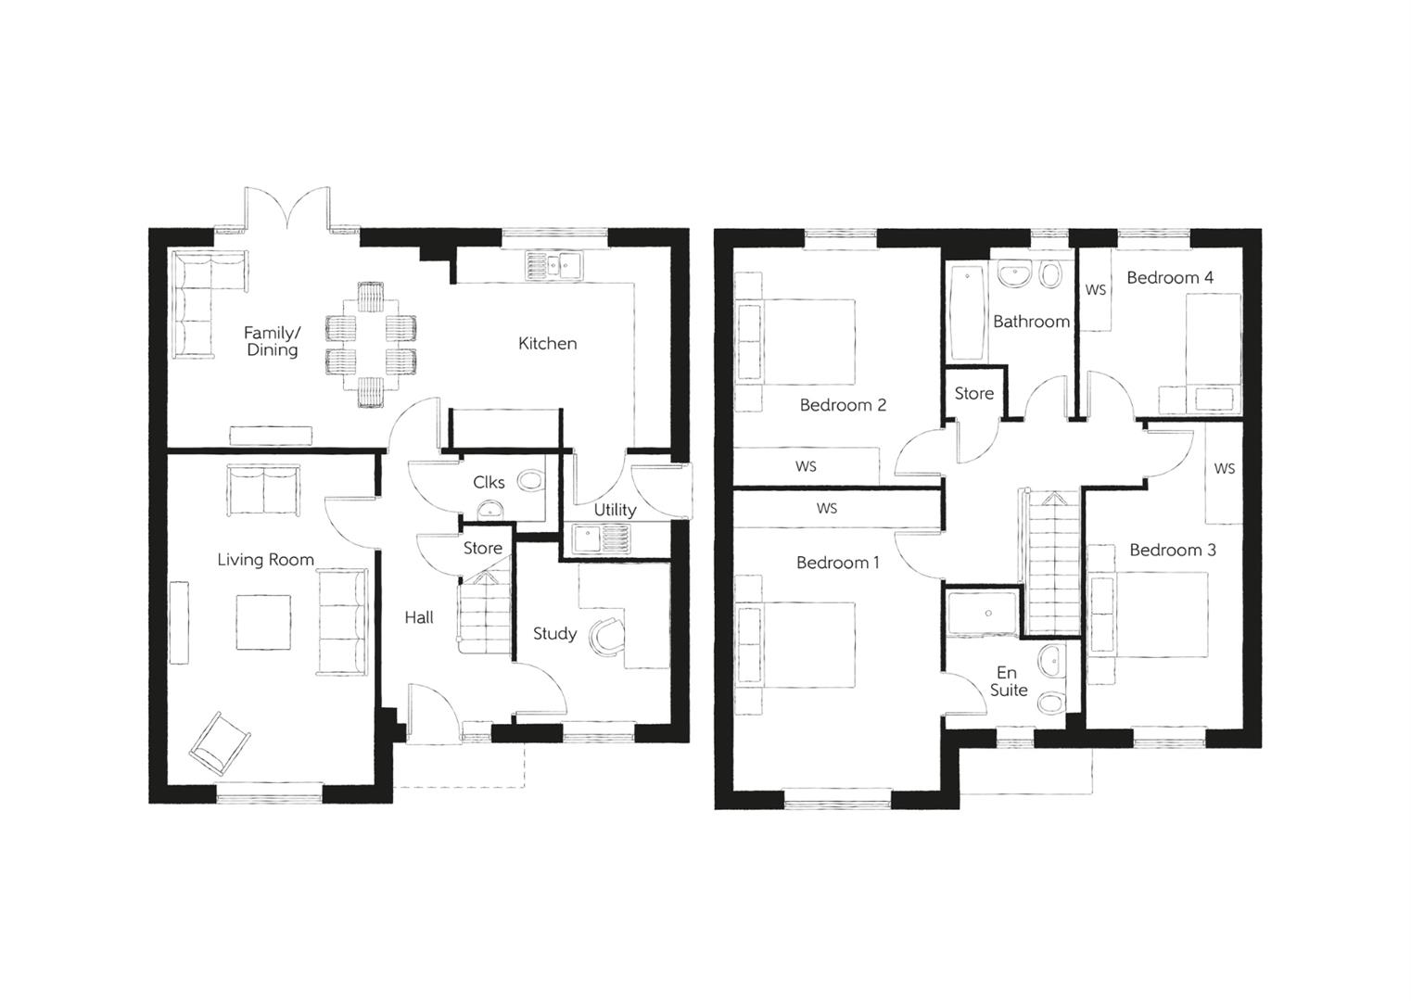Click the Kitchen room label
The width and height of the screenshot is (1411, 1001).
pos(547,344)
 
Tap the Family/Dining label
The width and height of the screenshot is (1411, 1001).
pos(272,341)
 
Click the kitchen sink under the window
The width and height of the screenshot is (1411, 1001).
pos(553,267)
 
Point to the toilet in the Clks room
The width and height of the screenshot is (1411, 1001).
pos(530,481)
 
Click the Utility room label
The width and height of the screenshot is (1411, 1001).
pos(615,510)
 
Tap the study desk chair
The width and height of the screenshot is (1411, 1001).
pos(610,636)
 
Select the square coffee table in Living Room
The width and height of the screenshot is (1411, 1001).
pos(262,622)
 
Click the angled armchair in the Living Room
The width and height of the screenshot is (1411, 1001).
pos(221,742)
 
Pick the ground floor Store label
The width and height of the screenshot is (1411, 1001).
pos(482,548)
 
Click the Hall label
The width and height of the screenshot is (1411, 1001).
pos(418,617)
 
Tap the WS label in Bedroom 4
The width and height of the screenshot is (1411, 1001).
pos(1096,290)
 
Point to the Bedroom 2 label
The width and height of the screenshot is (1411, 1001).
pos(843,405)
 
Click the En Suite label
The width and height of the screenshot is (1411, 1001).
pos(1008,681)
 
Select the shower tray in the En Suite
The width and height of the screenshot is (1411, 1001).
pos(983,613)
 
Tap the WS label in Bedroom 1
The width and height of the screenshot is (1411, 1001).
pos(827,508)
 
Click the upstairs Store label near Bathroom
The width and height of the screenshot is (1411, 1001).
pos(973,394)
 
